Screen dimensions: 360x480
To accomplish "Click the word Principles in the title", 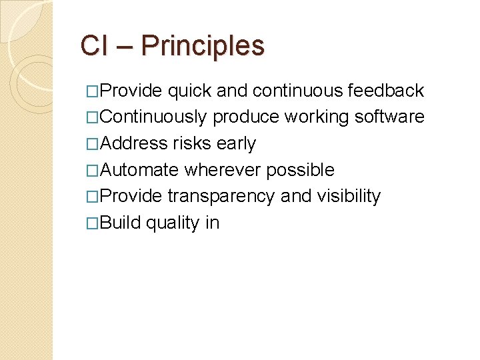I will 203,47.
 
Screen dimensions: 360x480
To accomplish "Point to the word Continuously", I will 153,117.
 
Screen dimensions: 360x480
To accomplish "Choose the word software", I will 389,117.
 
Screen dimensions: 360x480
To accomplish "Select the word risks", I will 191,144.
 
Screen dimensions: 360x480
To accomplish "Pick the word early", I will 236,144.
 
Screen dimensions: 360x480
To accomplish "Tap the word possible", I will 300,171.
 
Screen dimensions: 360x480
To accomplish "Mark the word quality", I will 172,223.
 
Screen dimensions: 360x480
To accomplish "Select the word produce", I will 246,118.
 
